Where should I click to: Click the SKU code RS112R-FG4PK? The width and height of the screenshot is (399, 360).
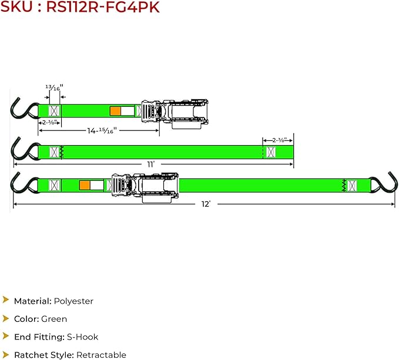tap(103, 6)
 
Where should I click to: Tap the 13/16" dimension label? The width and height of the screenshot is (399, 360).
tap(54, 88)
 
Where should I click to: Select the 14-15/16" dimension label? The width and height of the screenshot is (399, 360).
tap(102, 131)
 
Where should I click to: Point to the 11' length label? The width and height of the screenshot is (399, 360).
tap(151, 164)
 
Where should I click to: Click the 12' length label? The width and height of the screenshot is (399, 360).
tap(206, 204)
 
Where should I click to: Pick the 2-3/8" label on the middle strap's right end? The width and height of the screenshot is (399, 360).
tap(279, 140)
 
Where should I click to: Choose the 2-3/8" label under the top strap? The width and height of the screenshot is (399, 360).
tap(49, 123)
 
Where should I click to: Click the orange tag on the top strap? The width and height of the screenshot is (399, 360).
tap(115, 111)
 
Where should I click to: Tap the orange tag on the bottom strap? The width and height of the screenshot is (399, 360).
tap(85, 185)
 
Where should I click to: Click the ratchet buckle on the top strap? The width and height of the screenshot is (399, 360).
tap(175, 114)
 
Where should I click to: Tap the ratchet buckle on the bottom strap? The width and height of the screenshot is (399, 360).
tap(145, 187)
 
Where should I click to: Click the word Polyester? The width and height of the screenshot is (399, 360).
tap(73, 301)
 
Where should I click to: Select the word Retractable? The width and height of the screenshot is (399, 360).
tap(101, 355)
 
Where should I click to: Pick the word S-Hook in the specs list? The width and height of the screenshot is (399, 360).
tap(82, 337)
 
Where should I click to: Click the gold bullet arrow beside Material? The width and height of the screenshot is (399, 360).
tap(6, 300)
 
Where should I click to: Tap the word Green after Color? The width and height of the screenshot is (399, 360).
tap(54, 319)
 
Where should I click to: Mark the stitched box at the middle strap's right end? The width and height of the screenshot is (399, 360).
tap(271, 152)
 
